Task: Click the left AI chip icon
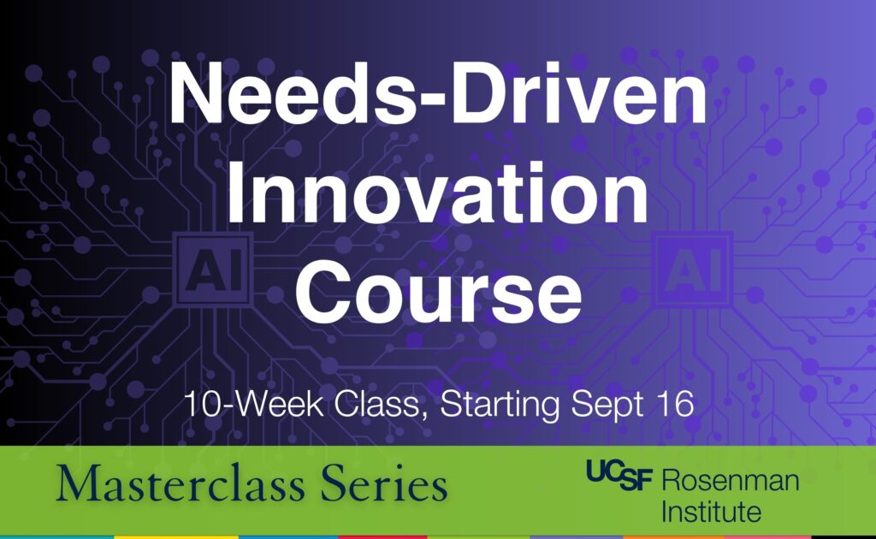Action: point(213,269)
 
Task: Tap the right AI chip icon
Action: point(693,269)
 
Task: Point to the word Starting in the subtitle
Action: point(500,405)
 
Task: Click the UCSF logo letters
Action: point(619,475)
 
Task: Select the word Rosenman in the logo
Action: point(731,480)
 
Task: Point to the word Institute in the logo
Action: point(711,511)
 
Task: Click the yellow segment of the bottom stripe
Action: point(176,536)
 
